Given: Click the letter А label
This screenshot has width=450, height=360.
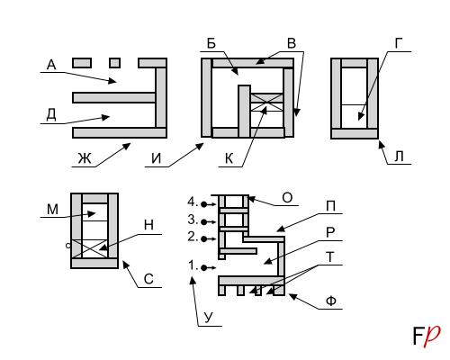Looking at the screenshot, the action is [51, 65].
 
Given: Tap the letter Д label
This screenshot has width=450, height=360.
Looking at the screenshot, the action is [51, 114].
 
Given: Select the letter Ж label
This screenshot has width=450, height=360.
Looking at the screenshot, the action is [85, 158].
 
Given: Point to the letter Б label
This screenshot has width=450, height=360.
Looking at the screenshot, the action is [211, 44].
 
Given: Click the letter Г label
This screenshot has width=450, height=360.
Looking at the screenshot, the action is [398, 44].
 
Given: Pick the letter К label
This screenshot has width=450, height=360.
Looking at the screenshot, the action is [229, 158].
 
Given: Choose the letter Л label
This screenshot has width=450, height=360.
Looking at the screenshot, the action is [399, 157].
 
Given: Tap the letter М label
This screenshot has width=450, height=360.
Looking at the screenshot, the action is [52, 210].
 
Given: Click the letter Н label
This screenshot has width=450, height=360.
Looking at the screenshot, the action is [148, 225].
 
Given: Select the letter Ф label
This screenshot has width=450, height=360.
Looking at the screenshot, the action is [331, 301].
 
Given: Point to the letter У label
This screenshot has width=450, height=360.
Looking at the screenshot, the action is [209, 318].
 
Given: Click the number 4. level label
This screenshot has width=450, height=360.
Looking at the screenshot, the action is [193, 202].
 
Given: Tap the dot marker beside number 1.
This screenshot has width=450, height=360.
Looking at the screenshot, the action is [204, 267].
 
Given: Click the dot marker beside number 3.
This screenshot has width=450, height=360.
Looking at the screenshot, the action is [204, 222].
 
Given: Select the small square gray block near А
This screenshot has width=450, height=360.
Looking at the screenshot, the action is [115, 63].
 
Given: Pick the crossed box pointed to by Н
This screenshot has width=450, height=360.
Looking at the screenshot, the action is [90, 248].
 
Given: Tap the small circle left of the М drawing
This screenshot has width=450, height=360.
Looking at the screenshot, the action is [68, 246].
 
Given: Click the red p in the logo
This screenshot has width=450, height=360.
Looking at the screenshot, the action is [432, 336].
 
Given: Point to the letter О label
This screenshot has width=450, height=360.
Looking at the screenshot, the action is [287, 198].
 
